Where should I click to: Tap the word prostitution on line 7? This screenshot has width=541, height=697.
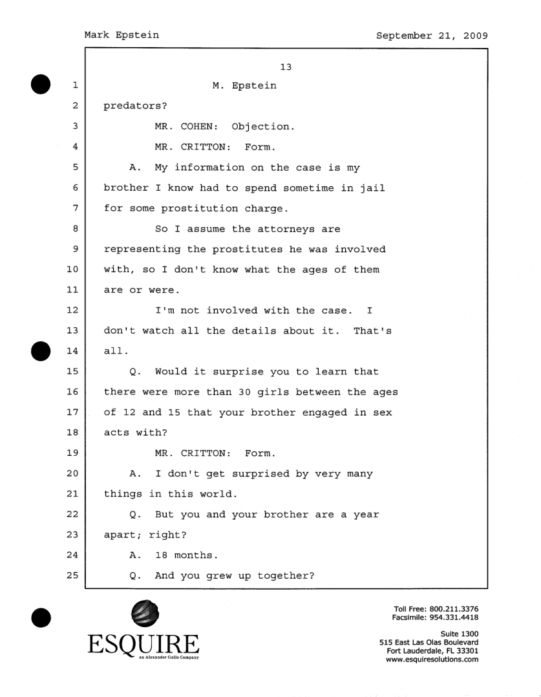[x=213, y=209]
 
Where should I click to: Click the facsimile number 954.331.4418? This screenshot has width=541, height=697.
[x=458, y=618]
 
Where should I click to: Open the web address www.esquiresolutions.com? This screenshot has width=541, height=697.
[x=432, y=660]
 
